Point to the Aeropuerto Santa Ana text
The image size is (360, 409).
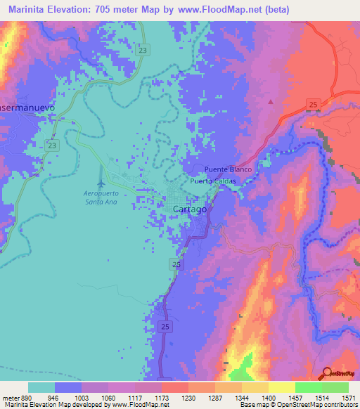100,197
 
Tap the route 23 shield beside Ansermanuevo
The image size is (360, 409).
51,144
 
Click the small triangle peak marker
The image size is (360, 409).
269,101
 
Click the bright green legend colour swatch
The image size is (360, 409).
308,387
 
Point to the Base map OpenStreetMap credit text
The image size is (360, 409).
309,405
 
